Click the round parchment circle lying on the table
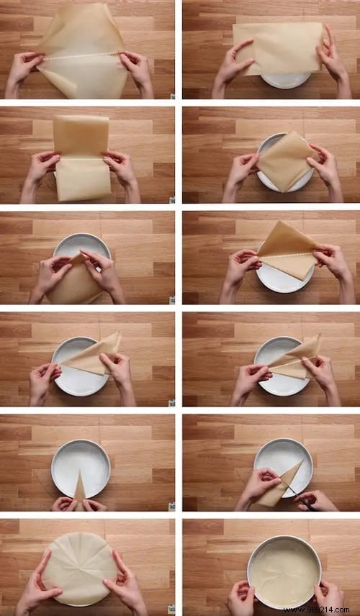[x=79, y=569]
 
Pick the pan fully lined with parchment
[x=284, y=572]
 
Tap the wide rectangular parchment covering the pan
[x=277, y=47]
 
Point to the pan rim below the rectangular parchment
[x=286, y=81]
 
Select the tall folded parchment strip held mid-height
[x=81, y=157]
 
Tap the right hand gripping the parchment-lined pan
[x=328, y=596]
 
